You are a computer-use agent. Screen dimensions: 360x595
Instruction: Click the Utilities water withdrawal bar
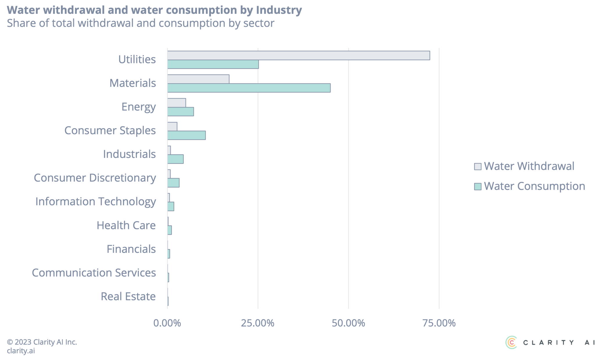(298, 55)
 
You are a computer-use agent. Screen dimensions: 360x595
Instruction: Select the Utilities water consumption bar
(213, 65)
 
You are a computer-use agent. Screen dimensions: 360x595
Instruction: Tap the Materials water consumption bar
(249, 88)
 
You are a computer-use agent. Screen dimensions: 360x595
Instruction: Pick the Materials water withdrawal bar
(198, 79)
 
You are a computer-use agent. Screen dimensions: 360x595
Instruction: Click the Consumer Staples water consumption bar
(186, 135)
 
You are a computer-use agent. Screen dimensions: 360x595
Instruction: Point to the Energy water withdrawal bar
(176, 103)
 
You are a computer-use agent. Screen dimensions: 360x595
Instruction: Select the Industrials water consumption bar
(175, 159)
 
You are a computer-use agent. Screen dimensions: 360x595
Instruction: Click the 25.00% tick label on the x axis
(257, 323)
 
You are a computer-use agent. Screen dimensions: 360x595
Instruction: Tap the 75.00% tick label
(439, 323)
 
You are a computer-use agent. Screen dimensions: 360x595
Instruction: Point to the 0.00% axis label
(167, 323)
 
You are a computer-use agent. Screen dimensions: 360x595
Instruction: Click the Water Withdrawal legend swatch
(477, 166)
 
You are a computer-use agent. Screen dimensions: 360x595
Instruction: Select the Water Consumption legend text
(534, 186)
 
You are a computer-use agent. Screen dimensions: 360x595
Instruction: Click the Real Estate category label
(128, 297)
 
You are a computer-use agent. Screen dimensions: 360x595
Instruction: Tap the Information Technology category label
(96, 202)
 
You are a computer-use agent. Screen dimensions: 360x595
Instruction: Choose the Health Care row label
(126, 225)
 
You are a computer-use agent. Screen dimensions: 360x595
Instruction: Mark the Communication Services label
(94, 273)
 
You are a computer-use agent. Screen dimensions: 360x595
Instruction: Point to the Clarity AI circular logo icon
(511, 342)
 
